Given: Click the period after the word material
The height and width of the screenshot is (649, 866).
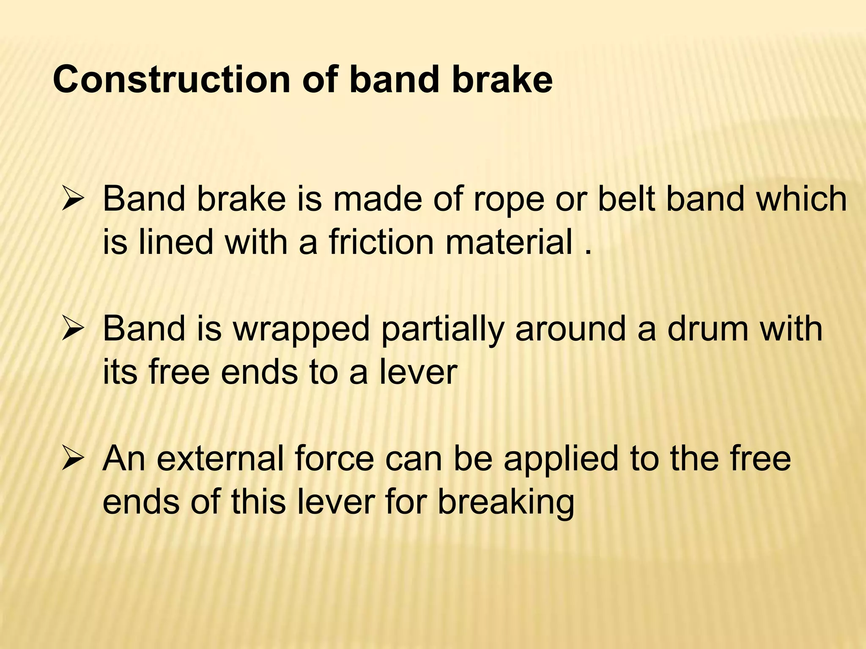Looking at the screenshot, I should [x=587, y=253].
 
